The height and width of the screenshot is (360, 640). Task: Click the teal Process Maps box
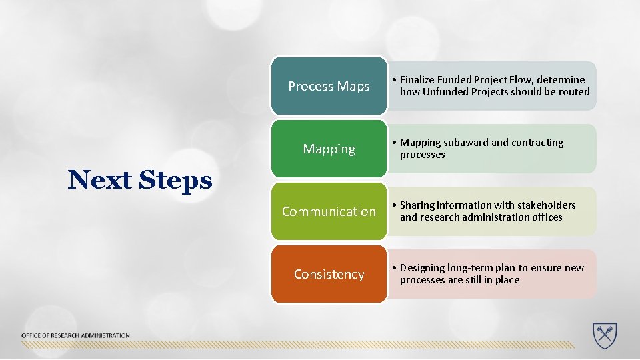point(329,86)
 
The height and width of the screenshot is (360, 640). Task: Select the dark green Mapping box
point(329,149)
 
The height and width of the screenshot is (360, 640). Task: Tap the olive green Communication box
point(329,211)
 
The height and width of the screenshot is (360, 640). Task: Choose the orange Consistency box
point(329,274)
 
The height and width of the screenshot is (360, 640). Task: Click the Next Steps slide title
point(140,180)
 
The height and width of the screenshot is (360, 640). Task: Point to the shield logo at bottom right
point(605,335)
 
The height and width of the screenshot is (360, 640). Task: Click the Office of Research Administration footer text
point(75,335)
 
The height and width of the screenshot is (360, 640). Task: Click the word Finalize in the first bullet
point(420,80)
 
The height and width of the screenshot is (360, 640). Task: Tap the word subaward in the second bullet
point(465,143)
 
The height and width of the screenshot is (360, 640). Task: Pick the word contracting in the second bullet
point(537,143)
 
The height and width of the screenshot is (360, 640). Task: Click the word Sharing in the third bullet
point(417,205)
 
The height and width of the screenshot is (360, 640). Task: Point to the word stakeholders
point(543,205)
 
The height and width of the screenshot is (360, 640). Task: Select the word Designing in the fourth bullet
point(423,268)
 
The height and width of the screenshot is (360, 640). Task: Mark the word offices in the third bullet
point(545,217)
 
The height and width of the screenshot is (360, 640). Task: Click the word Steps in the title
point(176,180)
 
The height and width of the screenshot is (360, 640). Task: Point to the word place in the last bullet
point(507,280)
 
